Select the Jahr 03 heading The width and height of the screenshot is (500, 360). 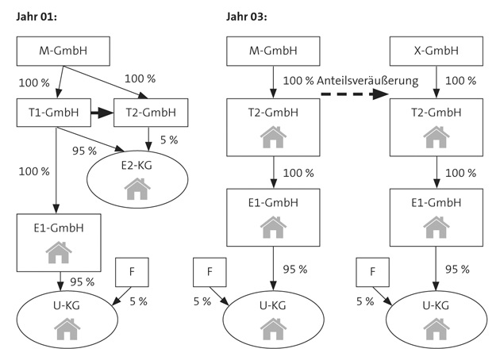[247, 17]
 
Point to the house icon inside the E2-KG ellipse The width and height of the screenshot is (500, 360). [137, 189]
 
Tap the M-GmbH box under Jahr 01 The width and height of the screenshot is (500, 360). [63, 52]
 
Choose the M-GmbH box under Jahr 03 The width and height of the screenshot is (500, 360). [272, 52]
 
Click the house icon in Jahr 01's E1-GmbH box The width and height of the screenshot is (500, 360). [57, 252]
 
